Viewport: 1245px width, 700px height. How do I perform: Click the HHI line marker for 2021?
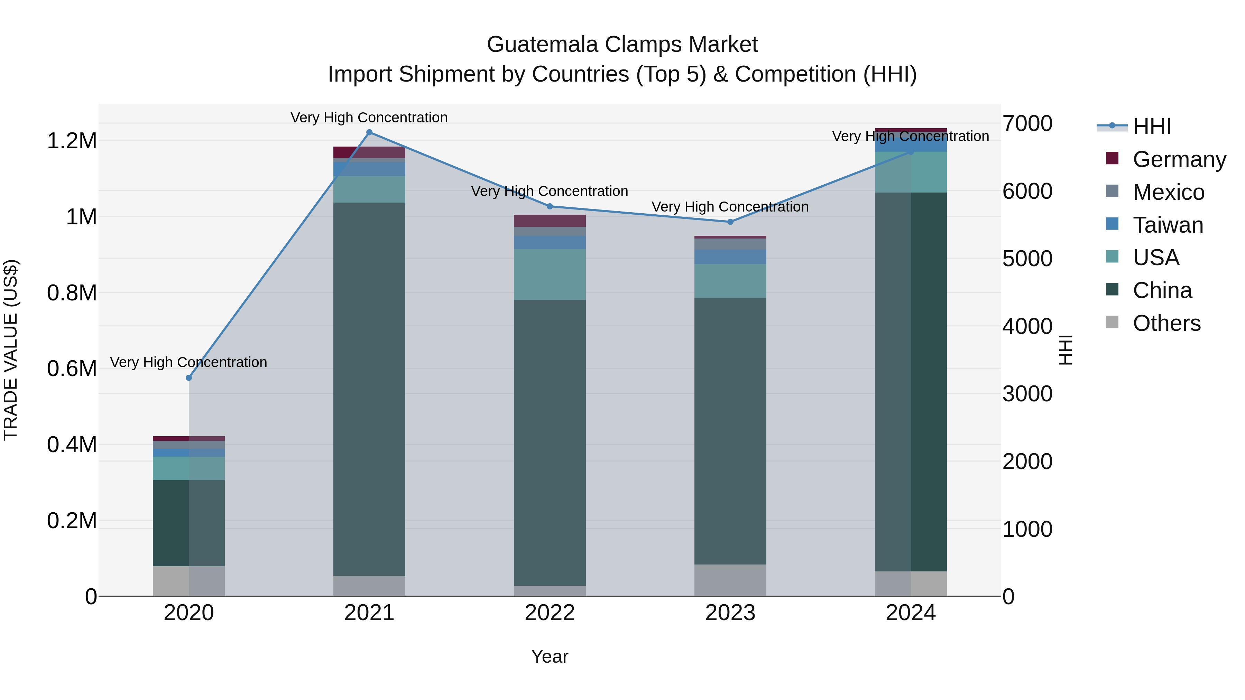click(x=369, y=132)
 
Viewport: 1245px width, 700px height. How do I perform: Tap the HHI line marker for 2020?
click(x=189, y=378)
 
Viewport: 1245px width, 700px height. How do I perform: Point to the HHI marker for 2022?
click(x=550, y=206)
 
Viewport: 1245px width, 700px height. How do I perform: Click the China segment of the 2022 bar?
click(x=550, y=442)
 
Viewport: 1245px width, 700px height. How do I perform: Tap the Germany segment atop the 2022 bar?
click(x=550, y=221)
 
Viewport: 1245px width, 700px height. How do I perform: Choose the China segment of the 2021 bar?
click(x=369, y=389)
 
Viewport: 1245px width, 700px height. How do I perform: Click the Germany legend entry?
click(x=1179, y=159)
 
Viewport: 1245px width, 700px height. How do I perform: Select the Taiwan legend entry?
click(x=1167, y=225)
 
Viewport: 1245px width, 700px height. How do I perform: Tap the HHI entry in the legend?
click(x=1151, y=127)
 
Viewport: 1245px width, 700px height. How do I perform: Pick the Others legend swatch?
click(x=1112, y=322)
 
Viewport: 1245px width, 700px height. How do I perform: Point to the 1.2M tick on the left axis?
click(x=72, y=141)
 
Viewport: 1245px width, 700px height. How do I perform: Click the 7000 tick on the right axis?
click(x=1027, y=124)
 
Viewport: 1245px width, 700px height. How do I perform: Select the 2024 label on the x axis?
click(x=911, y=613)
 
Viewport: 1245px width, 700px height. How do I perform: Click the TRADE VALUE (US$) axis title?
click(x=11, y=350)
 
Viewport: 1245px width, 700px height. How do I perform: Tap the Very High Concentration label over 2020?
click(x=188, y=362)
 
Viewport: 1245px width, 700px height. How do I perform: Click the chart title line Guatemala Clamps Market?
click(x=622, y=45)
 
